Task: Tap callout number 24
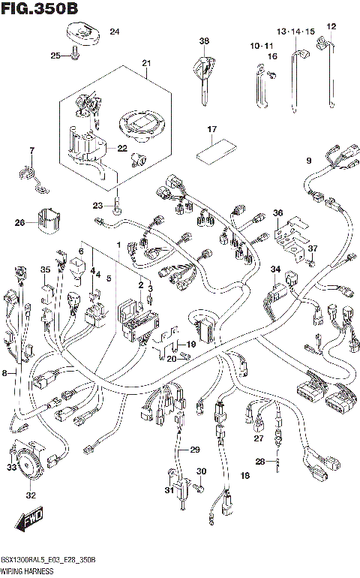tap(114, 32)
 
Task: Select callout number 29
tap(195, 450)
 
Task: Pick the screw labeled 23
tap(118, 202)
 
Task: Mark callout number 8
tap(6, 372)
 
